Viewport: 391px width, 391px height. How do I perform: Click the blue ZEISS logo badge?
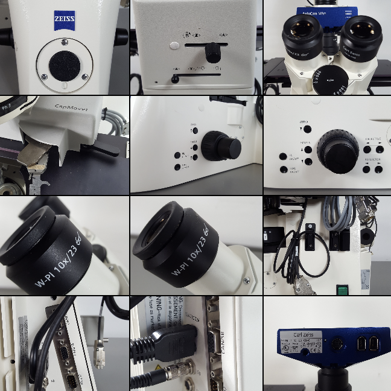65,19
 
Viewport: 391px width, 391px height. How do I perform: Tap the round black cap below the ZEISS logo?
65,66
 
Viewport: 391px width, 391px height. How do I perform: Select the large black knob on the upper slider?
212,54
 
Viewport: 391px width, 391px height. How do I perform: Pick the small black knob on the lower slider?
175,78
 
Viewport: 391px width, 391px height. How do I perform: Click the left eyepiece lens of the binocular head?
300,28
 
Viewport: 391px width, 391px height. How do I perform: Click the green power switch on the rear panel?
342,290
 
